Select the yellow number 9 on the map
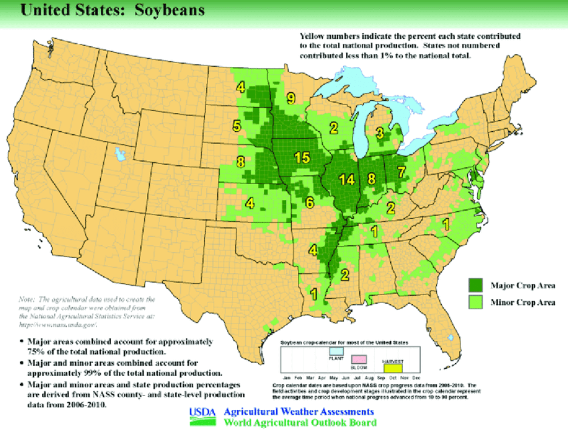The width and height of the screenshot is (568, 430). pyautogui.click(x=291, y=98)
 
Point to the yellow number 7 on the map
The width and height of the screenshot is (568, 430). pyautogui.click(x=401, y=171)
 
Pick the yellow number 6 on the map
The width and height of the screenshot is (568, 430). pyautogui.click(x=309, y=202)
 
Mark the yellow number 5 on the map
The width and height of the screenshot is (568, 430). pyautogui.click(x=237, y=127)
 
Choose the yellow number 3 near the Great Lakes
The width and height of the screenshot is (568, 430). pyautogui.click(x=379, y=133)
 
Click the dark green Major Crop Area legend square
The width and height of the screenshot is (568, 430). pyautogui.click(x=475, y=284)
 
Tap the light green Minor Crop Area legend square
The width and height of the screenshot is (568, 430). pyautogui.click(x=475, y=301)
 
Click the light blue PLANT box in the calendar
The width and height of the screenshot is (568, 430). pyautogui.click(x=336, y=351)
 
